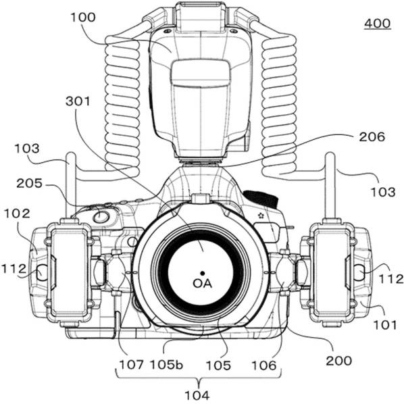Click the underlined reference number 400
pyautogui.click(x=378, y=24)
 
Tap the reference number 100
pyautogui.click(x=83, y=18)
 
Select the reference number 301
pyautogui.click(x=78, y=101)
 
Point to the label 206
pyautogui.click(x=372, y=137)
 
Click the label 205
pyautogui.click(x=29, y=184)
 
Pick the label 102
pyautogui.click(x=17, y=213)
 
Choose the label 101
pyautogui.click(x=385, y=325)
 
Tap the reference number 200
pyautogui.click(x=339, y=361)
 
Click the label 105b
pyautogui.click(x=166, y=365)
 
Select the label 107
pyautogui.click(x=131, y=365)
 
